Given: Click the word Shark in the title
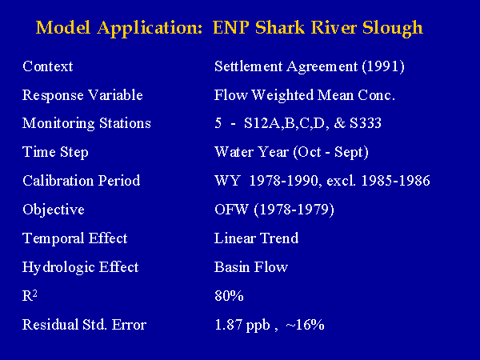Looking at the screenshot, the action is point(280,27).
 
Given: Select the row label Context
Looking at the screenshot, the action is point(48,66).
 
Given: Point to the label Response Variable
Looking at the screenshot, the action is point(82,95).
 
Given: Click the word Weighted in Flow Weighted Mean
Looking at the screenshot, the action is point(283,95).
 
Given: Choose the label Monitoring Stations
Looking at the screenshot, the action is point(86,123).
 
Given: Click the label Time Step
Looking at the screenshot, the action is point(55,152).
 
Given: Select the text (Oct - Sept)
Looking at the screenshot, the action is point(330,152).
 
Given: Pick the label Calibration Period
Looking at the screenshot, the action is point(82,181).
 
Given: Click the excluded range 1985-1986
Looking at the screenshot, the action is point(395,181).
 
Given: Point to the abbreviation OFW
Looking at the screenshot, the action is point(231,210).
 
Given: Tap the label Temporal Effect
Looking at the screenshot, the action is point(74,238).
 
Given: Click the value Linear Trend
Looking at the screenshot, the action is point(257,238).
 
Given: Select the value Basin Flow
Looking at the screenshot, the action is point(251,267).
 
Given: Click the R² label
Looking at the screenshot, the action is point(30,296).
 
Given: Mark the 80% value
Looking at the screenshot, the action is point(229,296).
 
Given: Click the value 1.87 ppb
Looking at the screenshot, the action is point(242,326).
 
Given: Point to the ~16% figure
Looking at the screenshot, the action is point(305,325).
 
